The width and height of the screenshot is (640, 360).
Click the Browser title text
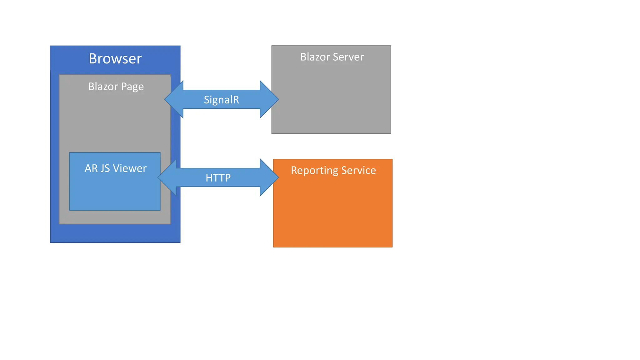pos(115,59)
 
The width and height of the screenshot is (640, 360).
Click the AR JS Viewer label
pos(115,168)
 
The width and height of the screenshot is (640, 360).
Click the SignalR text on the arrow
pos(221,100)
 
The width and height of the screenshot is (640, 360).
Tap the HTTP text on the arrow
pos(218,178)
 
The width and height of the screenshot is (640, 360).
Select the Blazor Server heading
pos(332,57)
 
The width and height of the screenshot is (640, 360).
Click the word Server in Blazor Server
pos(348,57)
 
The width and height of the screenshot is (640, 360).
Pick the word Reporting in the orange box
pos(314,171)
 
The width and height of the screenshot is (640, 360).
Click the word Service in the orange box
pos(358,170)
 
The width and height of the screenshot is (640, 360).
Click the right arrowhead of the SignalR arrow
pos(269,99)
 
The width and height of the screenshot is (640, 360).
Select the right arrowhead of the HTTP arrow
pos(269,177)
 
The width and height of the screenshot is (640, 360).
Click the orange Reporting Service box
pos(332,216)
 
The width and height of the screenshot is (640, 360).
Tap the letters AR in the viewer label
pos(91,168)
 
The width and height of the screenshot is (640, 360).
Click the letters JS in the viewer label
pos(105,168)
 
